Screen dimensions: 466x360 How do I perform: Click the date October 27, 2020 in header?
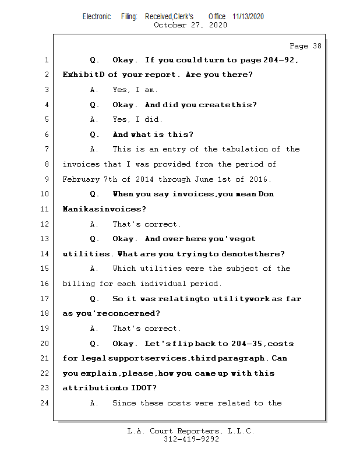click(190, 25)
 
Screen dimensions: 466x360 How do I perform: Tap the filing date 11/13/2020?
click(248, 16)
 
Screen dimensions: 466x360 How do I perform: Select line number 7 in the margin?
click(46, 149)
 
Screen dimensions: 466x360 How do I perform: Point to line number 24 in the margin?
click(44, 403)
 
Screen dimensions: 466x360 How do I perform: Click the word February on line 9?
click(81, 179)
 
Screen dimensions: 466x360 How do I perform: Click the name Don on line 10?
click(266, 194)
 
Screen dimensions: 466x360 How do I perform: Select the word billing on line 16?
click(78, 284)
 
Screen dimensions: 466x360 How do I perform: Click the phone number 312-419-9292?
click(191, 440)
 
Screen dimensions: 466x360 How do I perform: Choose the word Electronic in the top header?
click(96, 16)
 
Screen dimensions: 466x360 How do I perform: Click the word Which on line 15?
click(123, 269)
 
